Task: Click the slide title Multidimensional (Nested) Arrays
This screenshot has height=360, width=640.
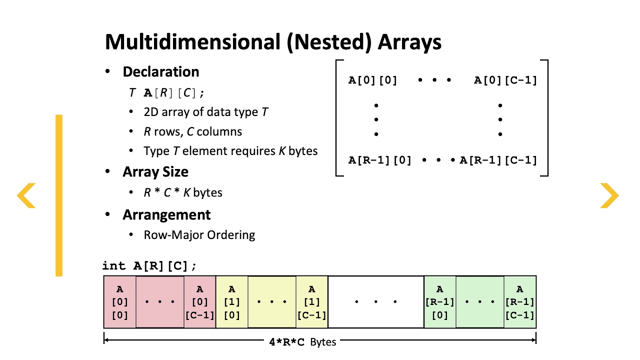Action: [x=273, y=42]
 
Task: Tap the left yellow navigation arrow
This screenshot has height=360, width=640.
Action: [x=26, y=195]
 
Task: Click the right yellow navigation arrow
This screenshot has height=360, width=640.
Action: [x=609, y=195]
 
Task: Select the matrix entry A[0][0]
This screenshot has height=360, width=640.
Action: [x=372, y=80]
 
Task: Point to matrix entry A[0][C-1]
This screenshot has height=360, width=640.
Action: [x=505, y=80]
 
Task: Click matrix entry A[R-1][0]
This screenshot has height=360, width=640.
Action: [x=379, y=160]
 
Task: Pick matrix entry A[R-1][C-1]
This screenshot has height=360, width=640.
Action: [x=498, y=160]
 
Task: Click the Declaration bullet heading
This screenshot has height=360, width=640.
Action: [x=160, y=72]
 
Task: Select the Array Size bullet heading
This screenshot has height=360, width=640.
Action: [x=155, y=172]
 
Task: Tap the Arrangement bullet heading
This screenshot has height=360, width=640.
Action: [x=166, y=215]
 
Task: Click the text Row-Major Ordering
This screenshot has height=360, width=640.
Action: [x=199, y=235]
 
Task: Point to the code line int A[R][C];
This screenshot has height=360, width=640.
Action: [x=149, y=266]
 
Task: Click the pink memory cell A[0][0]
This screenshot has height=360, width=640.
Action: [x=119, y=302]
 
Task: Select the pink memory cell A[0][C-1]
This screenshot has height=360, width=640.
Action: [x=200, y=302]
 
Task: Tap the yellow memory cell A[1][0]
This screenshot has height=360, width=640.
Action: [x=232, y=302]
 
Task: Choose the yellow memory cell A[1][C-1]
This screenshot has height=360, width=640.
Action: [x=312, y=302]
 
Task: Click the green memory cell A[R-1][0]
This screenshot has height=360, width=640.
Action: [x=440, y=302]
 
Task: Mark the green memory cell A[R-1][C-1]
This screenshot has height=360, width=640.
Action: [x=520, y=302]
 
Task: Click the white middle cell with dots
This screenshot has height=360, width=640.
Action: [x=375, y=302]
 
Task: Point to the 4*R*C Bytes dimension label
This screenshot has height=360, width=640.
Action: [x=302, y=342]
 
